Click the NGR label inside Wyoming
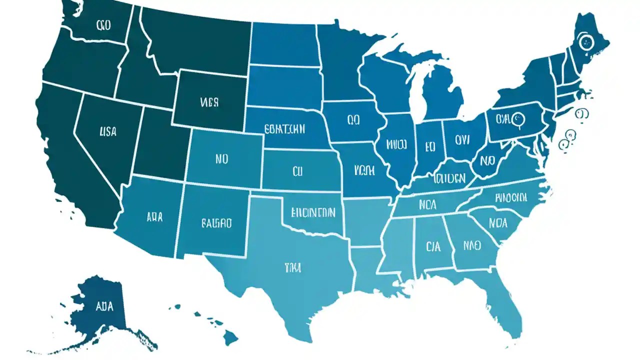click(209, 103)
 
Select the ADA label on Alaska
click(103, 306)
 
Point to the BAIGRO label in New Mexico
click(216, 223)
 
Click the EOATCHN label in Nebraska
click(284, 129)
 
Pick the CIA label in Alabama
click(433, 246)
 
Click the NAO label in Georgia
click(471, 245)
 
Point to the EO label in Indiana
click(430, 146)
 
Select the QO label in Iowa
click(353, 120)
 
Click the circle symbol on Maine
click(583, 42)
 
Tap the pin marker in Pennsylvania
click(518, 119)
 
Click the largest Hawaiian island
click(230, 338)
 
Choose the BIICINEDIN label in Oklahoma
click(312, 213)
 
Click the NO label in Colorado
click(221, 159)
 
